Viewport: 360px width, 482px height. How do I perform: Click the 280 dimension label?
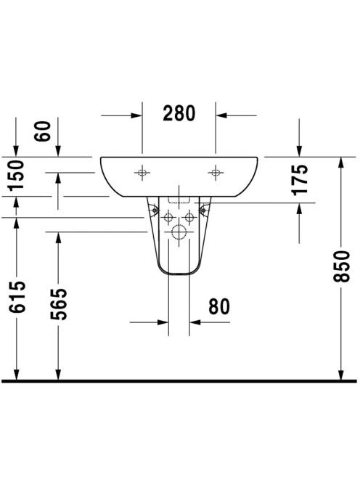point(179,113)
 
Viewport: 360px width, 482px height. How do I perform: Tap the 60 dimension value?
point(42,131)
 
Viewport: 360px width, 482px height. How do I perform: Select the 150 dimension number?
point(16,176)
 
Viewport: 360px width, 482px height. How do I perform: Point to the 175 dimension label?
point(300,180)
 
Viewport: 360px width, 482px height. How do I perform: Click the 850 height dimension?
point(342,266)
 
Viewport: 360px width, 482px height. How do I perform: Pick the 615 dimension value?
point(17,297)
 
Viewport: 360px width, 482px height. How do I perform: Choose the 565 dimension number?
point(59,304)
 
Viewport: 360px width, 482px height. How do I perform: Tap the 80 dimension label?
point(219,306)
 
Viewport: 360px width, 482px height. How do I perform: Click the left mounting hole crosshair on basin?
point(142,173)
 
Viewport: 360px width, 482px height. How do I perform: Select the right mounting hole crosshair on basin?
point(216,173)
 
